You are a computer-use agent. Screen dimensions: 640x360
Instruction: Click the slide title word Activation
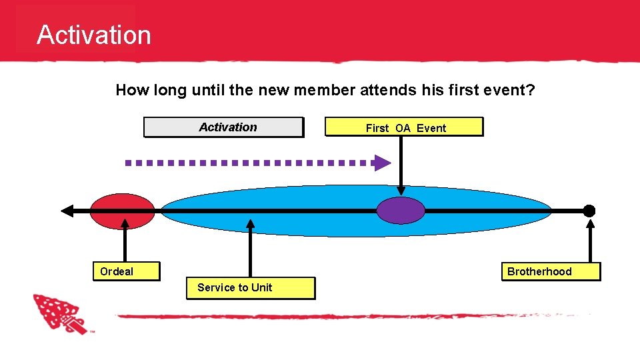pos(94,35)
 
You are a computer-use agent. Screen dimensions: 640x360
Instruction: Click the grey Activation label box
pos(223,127)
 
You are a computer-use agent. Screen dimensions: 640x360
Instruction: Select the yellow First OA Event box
pos(403,127)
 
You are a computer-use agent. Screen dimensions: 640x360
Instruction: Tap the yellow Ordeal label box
pos(126,271)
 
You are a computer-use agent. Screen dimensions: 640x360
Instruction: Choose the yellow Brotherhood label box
pos(551,271)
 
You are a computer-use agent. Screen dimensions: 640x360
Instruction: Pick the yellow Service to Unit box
pos(250,287)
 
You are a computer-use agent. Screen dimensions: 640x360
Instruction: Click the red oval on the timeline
pos(122,211)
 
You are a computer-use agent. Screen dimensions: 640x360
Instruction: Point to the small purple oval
pos(400,211)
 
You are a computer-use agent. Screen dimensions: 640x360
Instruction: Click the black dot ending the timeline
pos(589,211)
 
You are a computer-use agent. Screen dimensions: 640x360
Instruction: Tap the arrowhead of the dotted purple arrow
pos(382,163)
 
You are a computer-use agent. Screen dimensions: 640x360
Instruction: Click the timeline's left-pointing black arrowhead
pos(67,211)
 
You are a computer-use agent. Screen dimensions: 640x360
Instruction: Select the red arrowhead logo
pos(59,313)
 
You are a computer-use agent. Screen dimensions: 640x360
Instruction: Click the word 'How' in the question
pos(131,90)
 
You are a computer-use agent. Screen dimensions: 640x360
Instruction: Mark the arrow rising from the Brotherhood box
pos(590,240)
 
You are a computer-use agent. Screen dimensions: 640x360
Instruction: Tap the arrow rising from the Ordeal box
pos(126,243)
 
